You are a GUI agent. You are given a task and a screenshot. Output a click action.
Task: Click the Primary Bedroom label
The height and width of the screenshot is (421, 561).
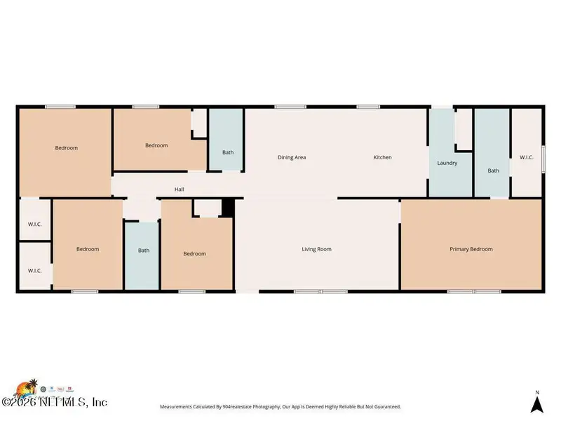pos(471,249)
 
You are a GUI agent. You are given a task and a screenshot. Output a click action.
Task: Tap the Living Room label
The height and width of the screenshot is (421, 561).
pos(316,249)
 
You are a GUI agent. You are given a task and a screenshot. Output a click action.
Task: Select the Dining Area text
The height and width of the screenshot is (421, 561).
pos(292,157)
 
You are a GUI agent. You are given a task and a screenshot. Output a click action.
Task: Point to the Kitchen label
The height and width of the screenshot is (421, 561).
pos(382,157)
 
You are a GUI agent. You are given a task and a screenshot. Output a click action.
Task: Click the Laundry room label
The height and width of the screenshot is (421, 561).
pos(447,163)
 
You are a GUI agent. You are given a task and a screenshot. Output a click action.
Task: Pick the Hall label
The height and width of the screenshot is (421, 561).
pos(180,189)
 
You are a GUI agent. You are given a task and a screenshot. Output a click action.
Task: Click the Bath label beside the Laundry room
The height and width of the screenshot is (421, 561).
pos(494,171)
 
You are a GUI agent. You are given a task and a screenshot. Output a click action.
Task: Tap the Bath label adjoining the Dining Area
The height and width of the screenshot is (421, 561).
pos(228,152)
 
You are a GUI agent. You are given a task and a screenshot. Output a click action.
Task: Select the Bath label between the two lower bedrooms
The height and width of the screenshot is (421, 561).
pos(144,250)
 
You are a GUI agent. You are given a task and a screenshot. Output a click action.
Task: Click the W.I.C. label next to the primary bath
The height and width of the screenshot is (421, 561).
pos(527,157)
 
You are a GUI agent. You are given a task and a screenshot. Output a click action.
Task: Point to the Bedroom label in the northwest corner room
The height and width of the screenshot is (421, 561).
pos(67,148)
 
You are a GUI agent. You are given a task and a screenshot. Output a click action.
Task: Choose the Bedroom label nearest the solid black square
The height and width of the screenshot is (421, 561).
pos(195,253)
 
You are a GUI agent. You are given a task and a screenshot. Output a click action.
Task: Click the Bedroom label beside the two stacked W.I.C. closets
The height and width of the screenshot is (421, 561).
pos(88,249)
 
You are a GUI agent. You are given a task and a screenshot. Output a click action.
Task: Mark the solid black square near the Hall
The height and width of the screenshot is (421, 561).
pos(227,208)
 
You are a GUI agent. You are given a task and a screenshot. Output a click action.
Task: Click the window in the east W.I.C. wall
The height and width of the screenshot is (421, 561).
pos(542,158)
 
